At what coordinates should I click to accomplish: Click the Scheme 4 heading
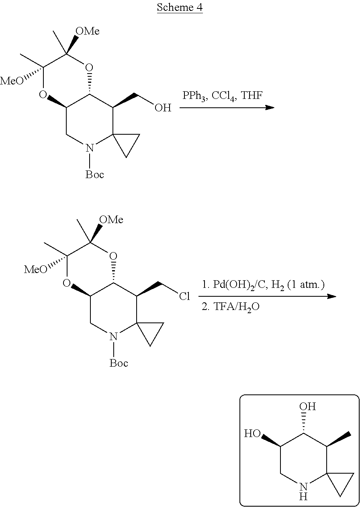(x=180, y=8)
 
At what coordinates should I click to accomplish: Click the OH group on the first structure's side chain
(x=163, y=108)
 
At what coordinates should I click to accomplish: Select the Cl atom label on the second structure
(x=185, y=297)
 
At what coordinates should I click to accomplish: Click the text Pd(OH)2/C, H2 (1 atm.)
(x=264, y=285)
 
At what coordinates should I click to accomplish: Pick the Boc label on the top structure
(x=95, y=174)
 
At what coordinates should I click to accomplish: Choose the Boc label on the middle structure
(x=119, y=363)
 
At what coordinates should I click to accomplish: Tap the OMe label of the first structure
(x=88, y=31)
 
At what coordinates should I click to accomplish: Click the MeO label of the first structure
(x=12, y=81)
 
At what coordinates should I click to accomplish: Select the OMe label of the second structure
(x=111, y=220)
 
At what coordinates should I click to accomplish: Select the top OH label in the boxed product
(x=308, y=406)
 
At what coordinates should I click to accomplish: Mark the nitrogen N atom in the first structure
(x=90, y=148)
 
